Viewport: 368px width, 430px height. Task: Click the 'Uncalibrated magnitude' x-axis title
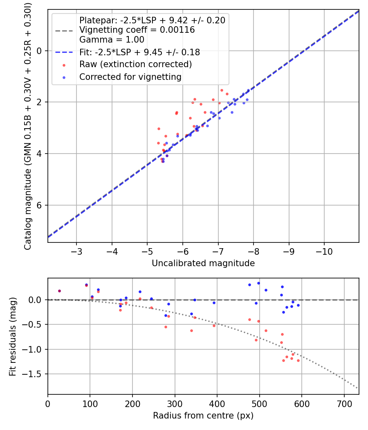pos(203,263)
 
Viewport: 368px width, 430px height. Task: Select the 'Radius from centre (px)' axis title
pos(203,416)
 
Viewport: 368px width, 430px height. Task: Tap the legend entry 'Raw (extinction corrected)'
pos(135,64)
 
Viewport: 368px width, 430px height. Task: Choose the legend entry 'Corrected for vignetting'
pos(130,77)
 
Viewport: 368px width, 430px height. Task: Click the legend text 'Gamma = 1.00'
pos(112,40)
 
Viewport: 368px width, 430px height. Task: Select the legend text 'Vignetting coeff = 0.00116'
pos(137,30)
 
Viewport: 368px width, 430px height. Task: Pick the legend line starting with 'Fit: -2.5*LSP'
pos(139,52)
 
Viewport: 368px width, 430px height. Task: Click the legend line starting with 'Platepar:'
pos(152,20)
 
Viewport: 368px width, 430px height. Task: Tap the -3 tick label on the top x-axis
pos(76,250)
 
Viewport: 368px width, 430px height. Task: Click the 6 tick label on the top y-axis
pos(40,205)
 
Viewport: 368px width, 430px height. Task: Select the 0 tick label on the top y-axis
pos(40,51)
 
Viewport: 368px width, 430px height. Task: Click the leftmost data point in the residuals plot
pos(59,291)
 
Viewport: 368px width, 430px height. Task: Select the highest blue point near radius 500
pos(258,283)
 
